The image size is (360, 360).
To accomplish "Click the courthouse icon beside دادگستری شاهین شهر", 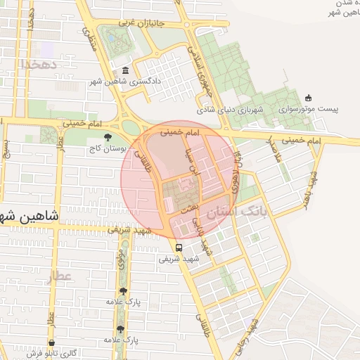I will coord(126,71).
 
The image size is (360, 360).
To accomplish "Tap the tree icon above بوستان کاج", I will coord(108,139).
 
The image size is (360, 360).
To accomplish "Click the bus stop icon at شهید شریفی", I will coord(179,248).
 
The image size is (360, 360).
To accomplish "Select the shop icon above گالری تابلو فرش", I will coord(51,344).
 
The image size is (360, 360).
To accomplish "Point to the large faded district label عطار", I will coord(60,276).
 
